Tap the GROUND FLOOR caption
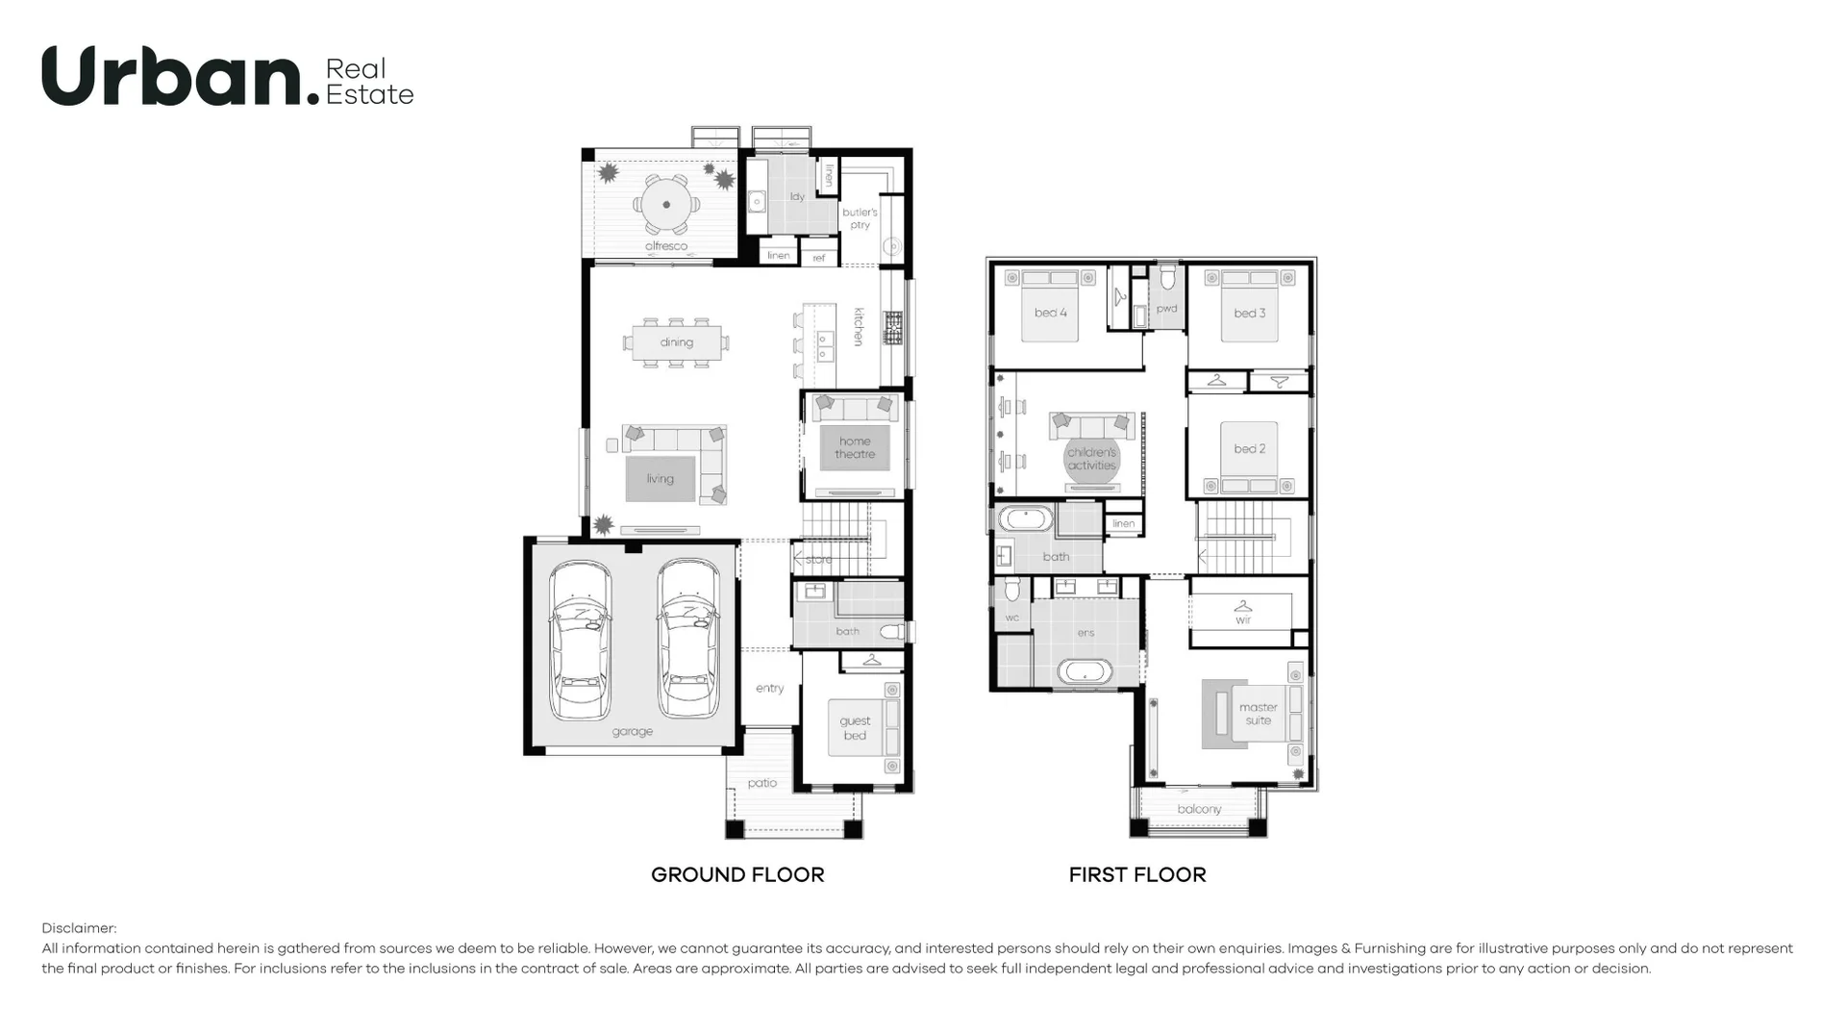pos(737,874)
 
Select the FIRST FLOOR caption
pos(1137,874)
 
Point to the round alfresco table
pos(666,204)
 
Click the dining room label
pos(676,342)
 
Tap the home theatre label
pos(855,447)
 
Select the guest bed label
pos(855,728)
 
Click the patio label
pos(762,783)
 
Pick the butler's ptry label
pos(860,218)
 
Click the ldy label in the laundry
pos(797,197)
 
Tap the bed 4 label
pos(1050,313)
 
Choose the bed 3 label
pos(1249,313)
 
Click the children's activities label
pos(1092,459)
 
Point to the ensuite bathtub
pos(1085,670)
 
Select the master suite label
pos(1259,714)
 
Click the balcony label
pos(1199,809)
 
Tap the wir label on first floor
pos(1243,620)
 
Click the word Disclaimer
pos(79,928)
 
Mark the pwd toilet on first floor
pos(1167,280)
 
